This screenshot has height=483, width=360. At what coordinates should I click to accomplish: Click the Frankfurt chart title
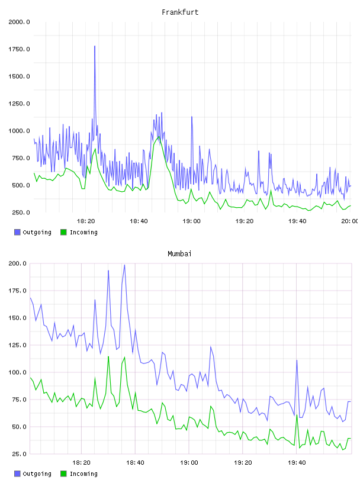click(x=180, y=12)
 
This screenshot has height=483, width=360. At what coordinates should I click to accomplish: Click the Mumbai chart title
click(x=179, y=254)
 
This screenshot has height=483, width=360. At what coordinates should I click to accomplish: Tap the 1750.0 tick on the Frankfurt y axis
click(x=19, y=49)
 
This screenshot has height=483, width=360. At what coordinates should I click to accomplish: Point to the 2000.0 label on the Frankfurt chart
click(x=19, y=22)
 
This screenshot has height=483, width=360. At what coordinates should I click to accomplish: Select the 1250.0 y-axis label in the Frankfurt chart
click(x=19, y=104)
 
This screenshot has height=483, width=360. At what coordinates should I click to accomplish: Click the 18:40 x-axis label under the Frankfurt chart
click(x=139, y=221)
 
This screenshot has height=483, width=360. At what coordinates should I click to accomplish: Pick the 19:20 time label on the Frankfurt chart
click(x=244, y=221)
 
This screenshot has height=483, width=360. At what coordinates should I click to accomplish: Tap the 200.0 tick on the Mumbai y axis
click(x=17, y=263)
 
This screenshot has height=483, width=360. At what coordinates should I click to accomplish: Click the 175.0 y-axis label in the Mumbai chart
click(x=17, y=291)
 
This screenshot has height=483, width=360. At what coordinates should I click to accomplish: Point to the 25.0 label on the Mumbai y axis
click(x=19, y=454)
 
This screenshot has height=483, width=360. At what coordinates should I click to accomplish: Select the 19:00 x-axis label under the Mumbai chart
click(x=189, y=462)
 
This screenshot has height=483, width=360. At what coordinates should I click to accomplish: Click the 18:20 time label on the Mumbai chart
click(x=81, y=462)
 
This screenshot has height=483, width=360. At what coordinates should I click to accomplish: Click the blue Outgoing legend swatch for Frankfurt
click(x=17, y=232)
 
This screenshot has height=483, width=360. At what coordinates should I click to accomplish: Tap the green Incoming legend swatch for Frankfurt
click(x=63, y=232)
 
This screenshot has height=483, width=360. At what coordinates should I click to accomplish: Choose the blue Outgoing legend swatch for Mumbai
click(x=17, y=474)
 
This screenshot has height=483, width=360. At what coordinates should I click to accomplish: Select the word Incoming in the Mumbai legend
click(x=83, y=474)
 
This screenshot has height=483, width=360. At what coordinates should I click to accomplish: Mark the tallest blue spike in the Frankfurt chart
click(x=95, y=46)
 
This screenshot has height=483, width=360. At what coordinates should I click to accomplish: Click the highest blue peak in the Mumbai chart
click(x=124, y=265)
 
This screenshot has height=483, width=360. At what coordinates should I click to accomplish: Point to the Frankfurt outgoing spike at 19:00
click(x=192, y=117)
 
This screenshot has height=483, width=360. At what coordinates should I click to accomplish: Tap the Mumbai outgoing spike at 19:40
click(x=297, y=360)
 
